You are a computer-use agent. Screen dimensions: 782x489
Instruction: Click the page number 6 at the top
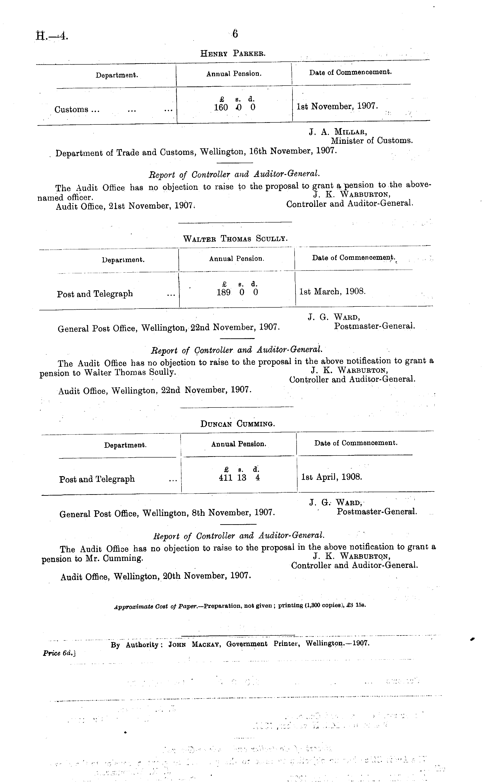pyautogui.click(x=235, y=34)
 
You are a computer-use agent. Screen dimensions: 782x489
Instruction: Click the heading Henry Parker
pyautogui.click(x=233, y=53)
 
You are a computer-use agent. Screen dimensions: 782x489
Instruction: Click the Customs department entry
pyautogui.click(x=77, y=110)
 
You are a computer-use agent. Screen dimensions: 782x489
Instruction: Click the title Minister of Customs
pyautogui.click(x=372, y=141)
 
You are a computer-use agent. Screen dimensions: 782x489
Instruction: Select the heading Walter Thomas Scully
pyautogui.click(x=235, y=239)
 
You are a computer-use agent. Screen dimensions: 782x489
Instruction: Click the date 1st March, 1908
pyautogui.click(x=333, y=291)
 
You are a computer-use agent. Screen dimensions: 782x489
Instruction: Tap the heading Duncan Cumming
pyautogui.click(x=238, y=424)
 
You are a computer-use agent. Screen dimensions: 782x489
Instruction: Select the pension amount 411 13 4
pyautogui.click(x=239, y=478)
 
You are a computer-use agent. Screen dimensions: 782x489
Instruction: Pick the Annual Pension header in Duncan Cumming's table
pyautogui.click(x=239, y=444)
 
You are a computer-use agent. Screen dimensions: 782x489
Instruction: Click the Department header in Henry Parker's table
pyautogui.click(x=117, y=75)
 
